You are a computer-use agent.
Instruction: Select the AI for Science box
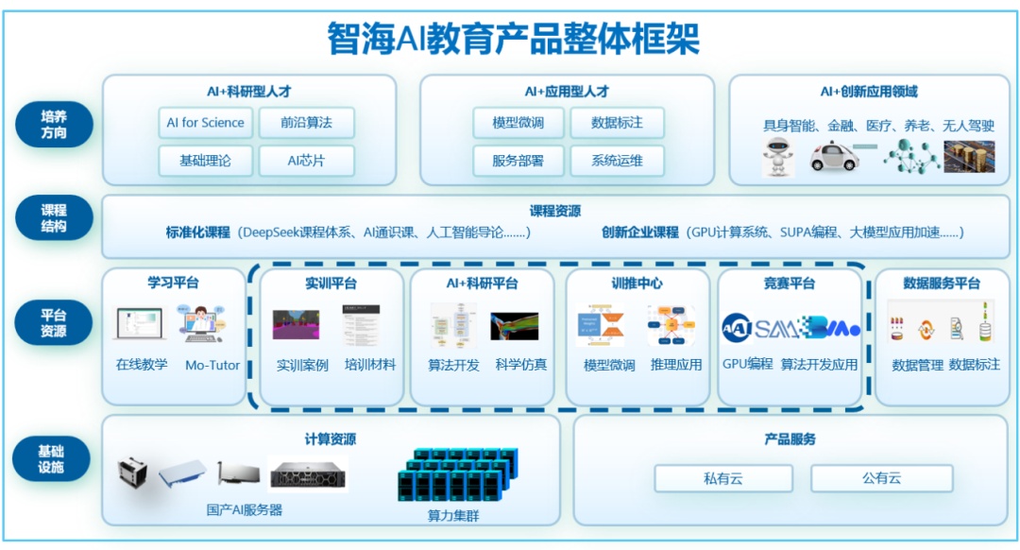point(205,123)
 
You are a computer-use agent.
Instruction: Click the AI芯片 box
point(306,161)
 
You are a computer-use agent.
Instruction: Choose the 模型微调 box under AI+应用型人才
point(518,123)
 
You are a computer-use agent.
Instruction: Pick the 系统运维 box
point(617,161)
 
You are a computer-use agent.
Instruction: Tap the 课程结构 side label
point(54,218)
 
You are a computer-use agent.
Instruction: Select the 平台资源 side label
point(54,323)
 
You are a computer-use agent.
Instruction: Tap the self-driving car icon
point(835,155)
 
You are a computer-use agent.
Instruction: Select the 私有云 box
point(722,478)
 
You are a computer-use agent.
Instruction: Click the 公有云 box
point(881,478)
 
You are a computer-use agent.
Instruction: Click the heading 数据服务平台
point(941,283)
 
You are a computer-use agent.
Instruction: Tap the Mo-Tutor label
point(212,365)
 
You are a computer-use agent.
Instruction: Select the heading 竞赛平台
point(789,283)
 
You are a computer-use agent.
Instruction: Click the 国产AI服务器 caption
point(245,509)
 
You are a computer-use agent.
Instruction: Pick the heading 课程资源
point(554,211)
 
